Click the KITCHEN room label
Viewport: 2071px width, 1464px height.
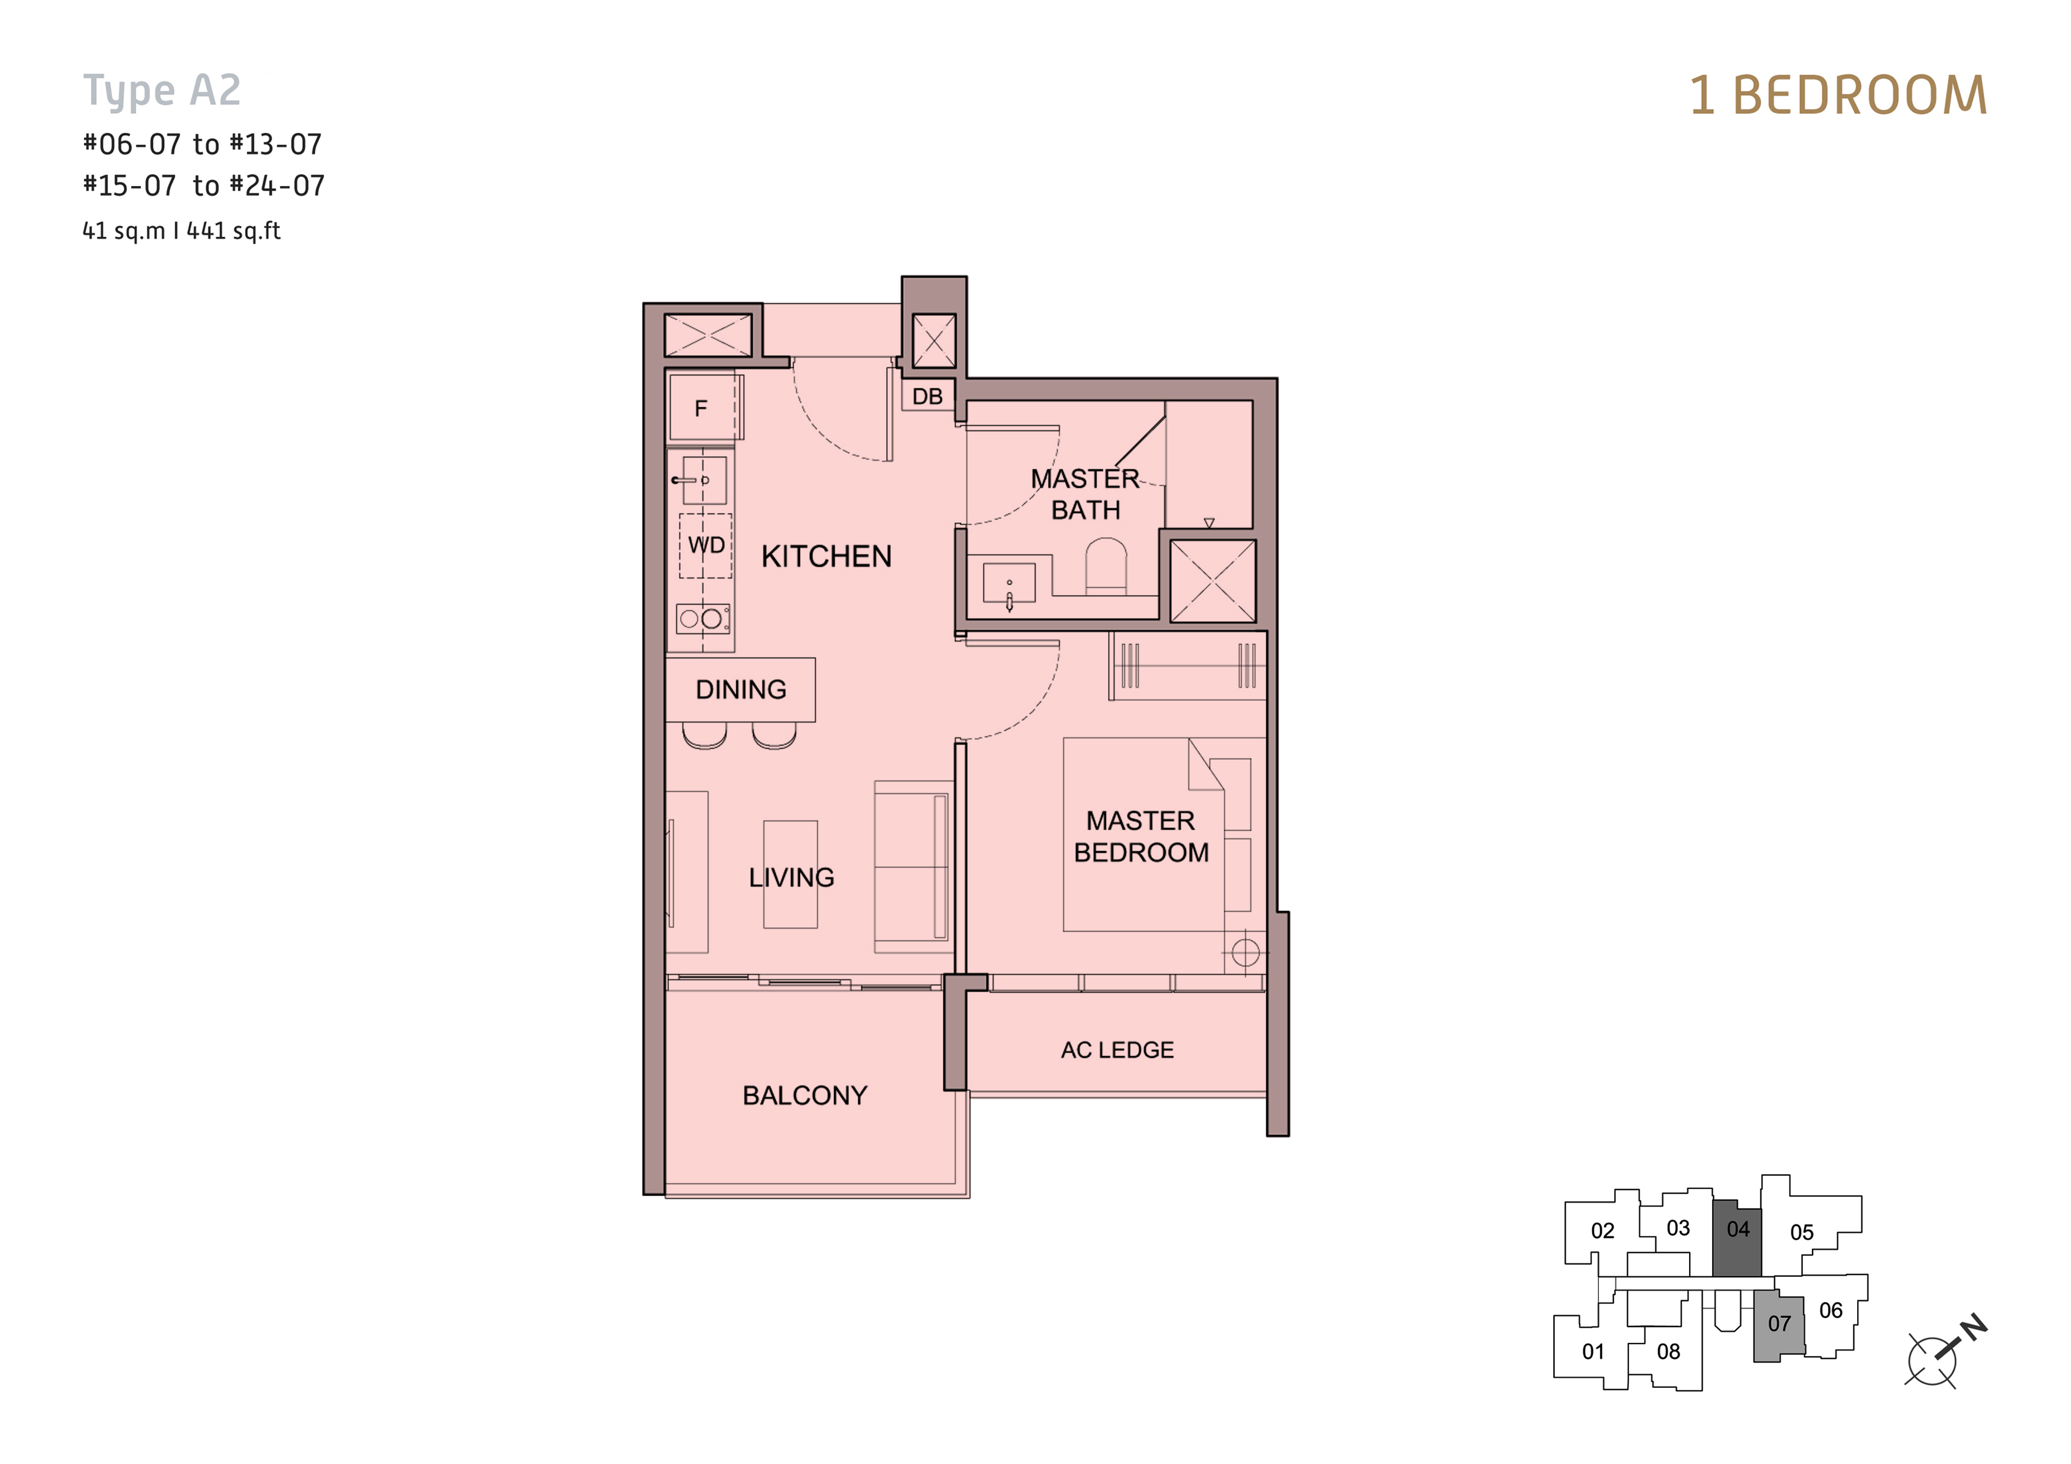pyautogui.click(x=827, y=557)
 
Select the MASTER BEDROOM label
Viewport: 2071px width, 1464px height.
pyautogui.click(x=1141, y=836)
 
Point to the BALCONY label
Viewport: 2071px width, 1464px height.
pyautogui.click(x=805, y=1095)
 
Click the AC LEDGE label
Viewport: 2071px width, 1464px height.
pyautogui.click(x=1117, y=1050)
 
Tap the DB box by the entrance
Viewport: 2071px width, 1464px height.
pyautogui.click(x=927, y=396)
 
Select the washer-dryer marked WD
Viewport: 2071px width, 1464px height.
pyautogui.click(x=705, y=545)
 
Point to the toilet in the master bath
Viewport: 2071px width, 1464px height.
pyautogui.click(x=1105, y=566)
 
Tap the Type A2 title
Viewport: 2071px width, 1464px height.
pyautogui.click(x=162, y=91)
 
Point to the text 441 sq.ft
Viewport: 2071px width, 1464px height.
pyautogui.click(x=234, y=231)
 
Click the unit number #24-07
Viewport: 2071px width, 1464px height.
pyautogui.click(x=277, y=186)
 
